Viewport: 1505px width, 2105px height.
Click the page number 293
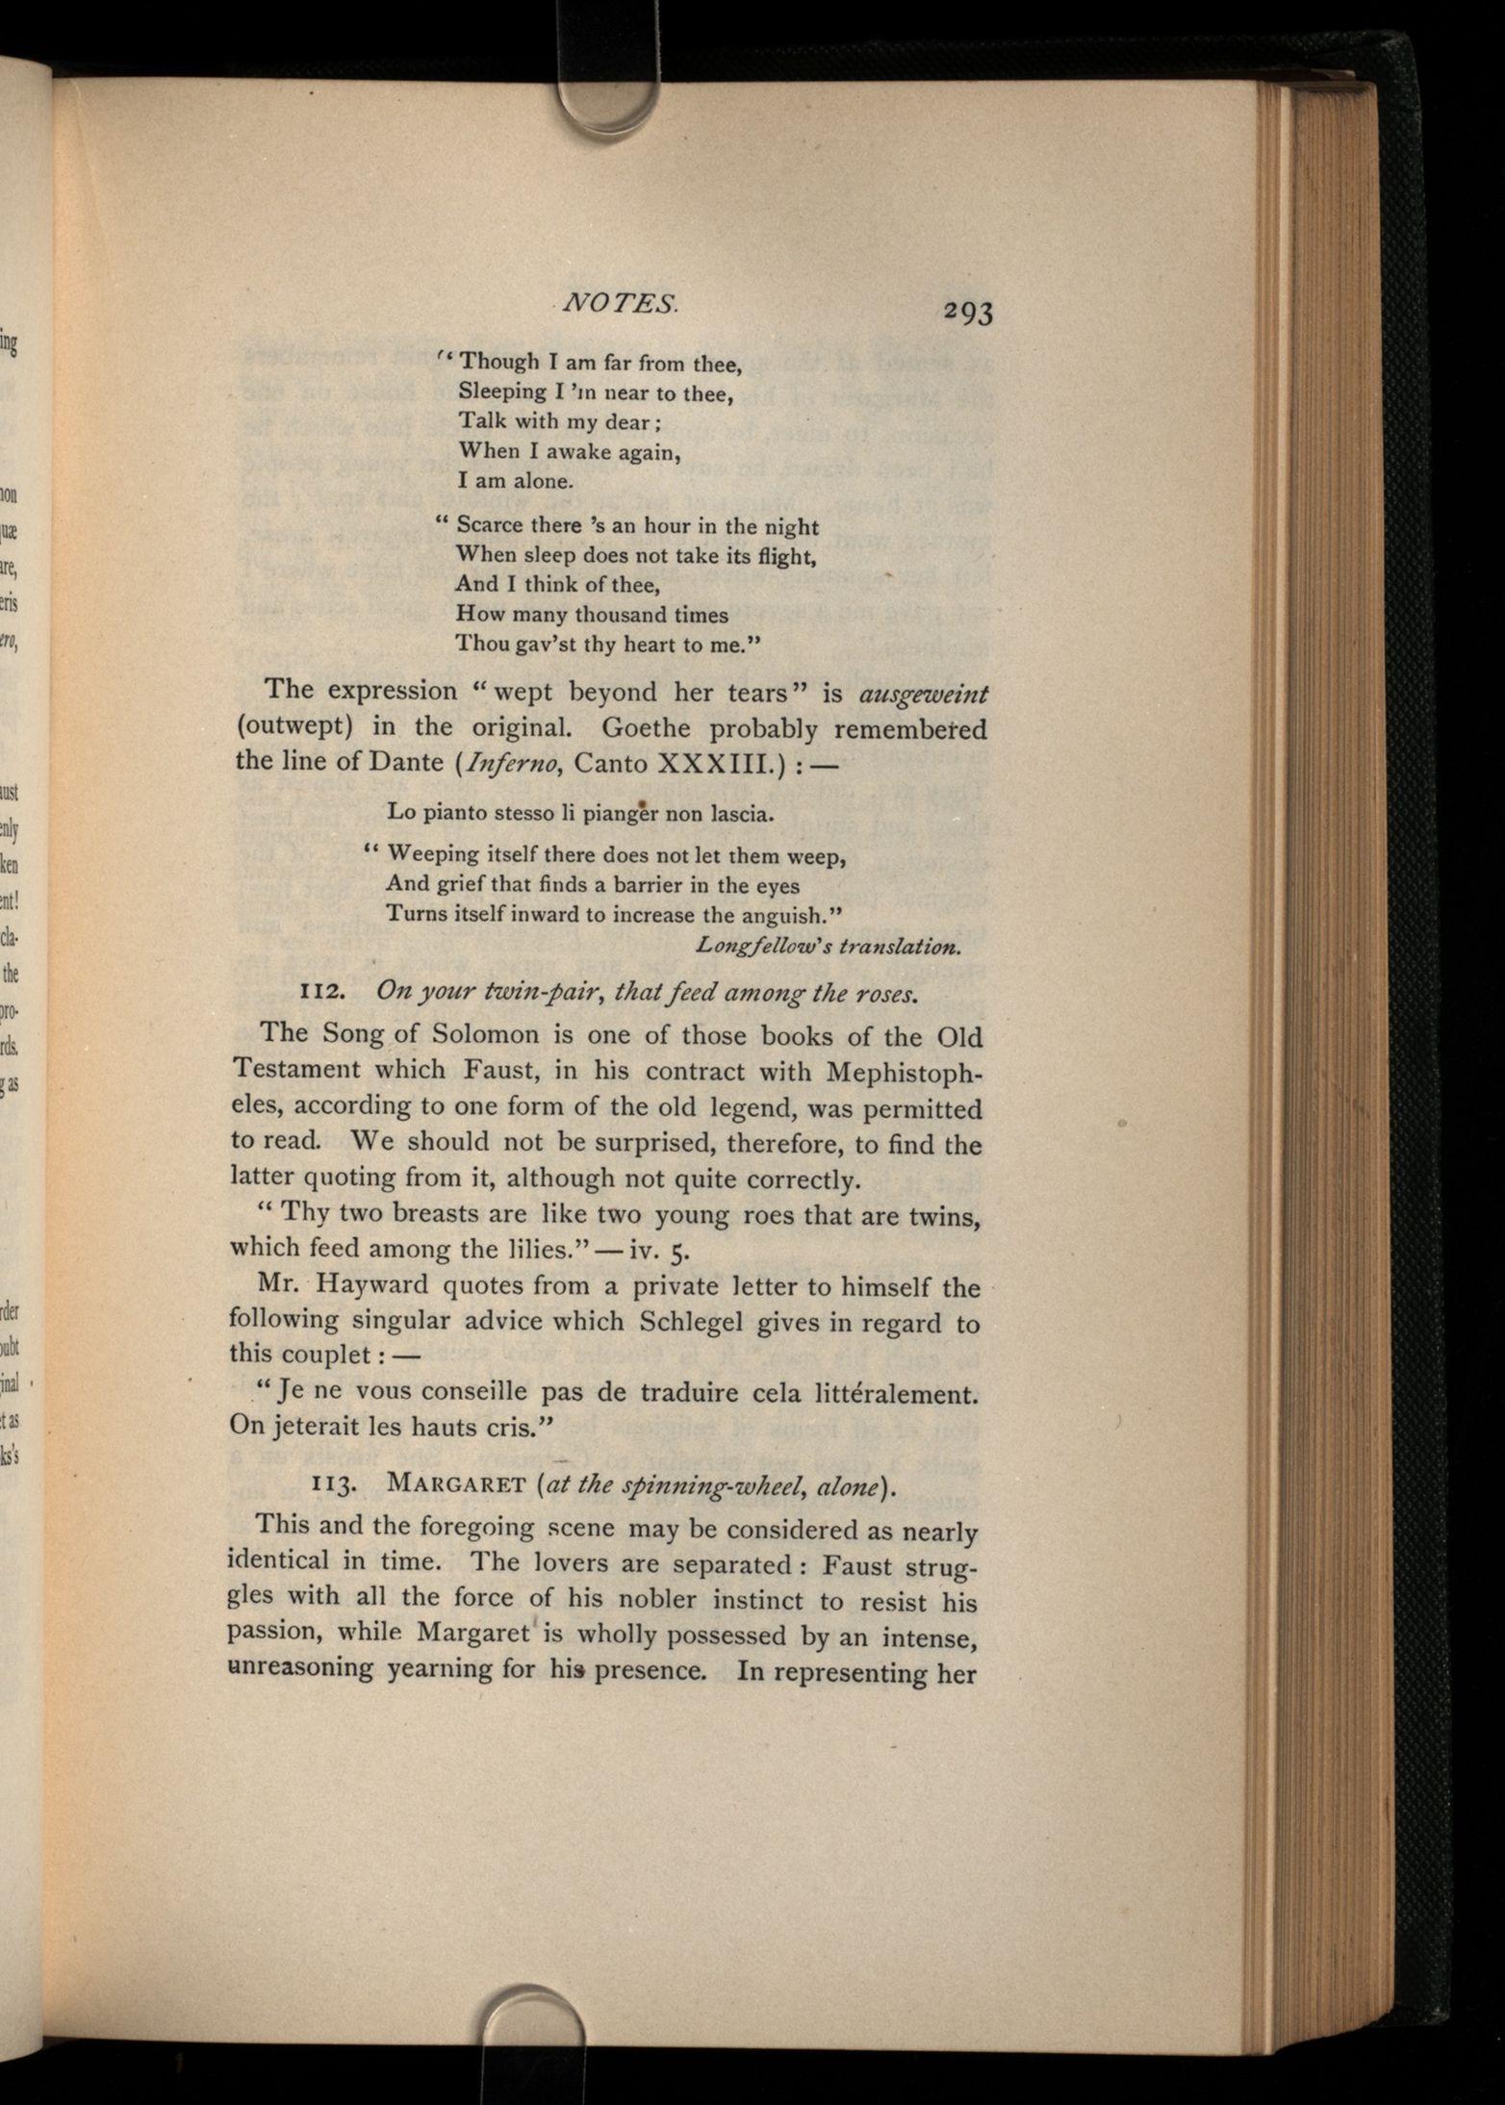pos(968,313)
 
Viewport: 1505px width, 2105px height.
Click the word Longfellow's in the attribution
pos(763,946)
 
